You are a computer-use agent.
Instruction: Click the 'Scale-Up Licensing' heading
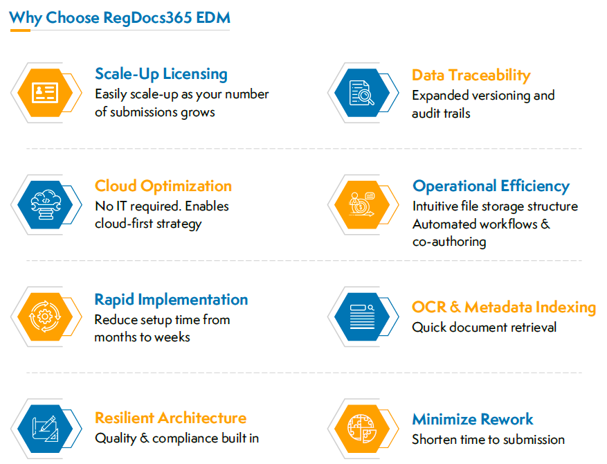point(161,74)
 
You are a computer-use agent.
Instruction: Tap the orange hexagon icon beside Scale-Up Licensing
point(43,92)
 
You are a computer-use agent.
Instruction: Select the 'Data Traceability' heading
point(471,75)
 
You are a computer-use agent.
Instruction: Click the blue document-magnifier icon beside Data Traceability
point(361,93)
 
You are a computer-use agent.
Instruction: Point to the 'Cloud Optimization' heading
point(163,186)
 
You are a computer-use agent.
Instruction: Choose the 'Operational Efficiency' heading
point(491,186)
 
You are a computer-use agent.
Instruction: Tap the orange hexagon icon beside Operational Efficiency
point(361,204)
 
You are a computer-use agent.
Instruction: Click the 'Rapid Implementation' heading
point(171,300)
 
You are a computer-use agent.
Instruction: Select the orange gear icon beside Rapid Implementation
point(43,317)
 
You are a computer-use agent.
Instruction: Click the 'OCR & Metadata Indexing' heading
point(503,307)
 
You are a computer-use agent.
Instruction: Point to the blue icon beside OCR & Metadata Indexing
point(361,316)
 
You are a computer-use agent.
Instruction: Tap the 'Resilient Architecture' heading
point(170,418)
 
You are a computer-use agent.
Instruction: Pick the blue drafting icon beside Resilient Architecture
point(43,429)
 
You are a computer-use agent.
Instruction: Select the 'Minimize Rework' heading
point(472,420)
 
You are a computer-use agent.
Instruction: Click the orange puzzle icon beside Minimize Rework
point(361,429)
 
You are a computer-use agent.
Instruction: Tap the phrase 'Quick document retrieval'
point(484,328)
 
